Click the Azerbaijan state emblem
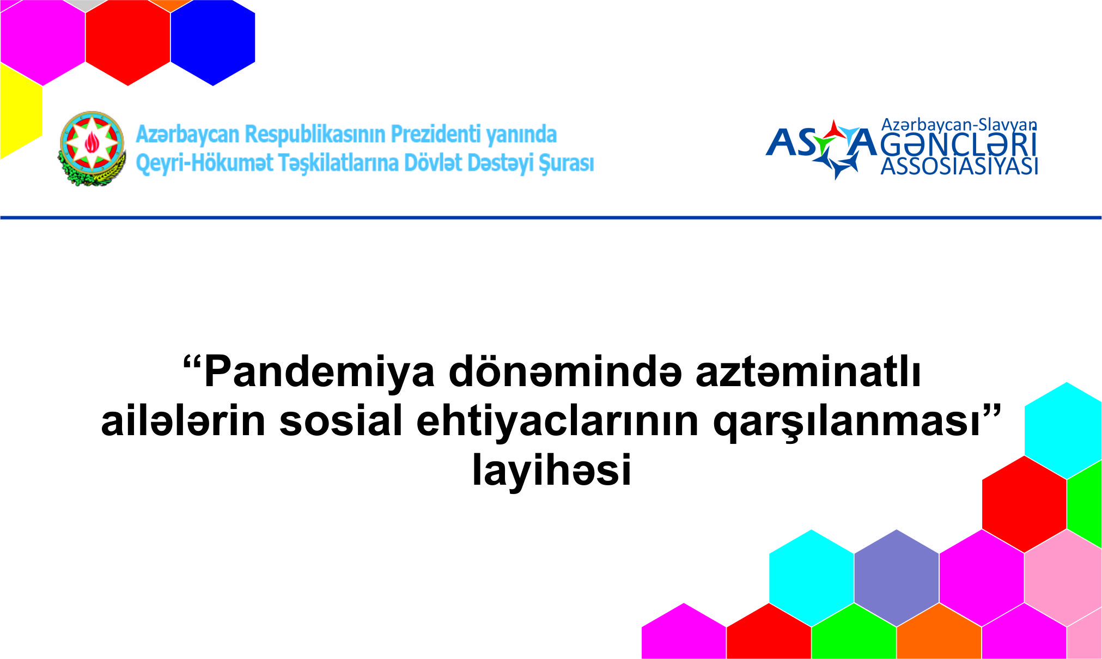[x=92, y=148]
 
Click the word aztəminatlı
[x=808, y=373]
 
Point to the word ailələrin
[x=183, y=421]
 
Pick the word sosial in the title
[x=341, y=421]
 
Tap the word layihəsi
[x=551, y=469]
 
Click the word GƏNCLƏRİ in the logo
[x=958, y=145]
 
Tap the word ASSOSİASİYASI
[x=959, y=167]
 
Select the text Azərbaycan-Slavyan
[x=959, y=125]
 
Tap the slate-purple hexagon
[x=896, y=577]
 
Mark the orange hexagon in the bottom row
[x=939, y=634]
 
